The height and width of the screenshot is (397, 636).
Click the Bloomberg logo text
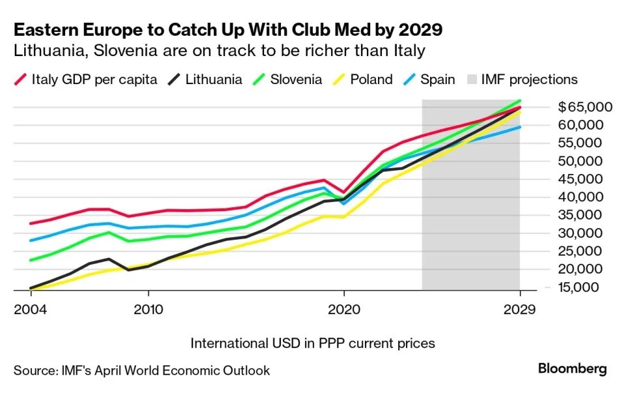pyautogui.click(x=572, y=369)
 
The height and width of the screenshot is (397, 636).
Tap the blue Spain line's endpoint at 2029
pyautogui.click(x=519, y=127)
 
